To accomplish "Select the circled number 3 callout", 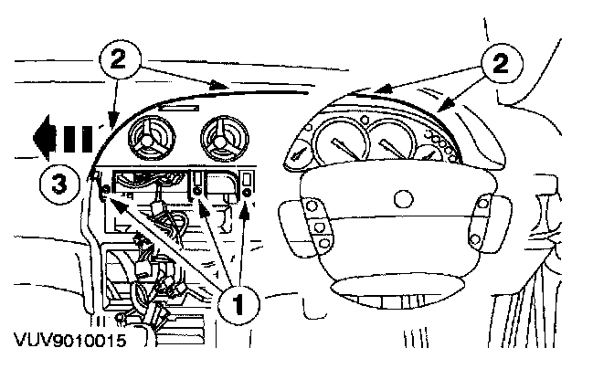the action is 57,183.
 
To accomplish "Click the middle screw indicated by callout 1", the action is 199,190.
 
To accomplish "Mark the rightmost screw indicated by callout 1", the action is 248,191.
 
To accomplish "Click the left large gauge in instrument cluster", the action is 337,142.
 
